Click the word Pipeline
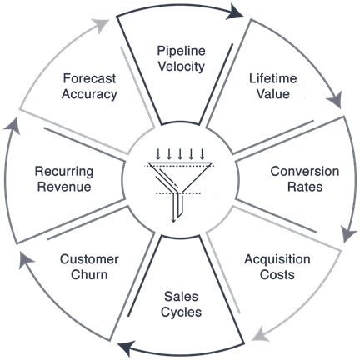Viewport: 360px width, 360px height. point(181,51)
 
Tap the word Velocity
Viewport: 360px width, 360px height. point(181,67)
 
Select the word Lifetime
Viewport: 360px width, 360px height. point(272,78)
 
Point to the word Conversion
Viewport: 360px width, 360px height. point(305,171)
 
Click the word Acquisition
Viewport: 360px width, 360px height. point(277,259)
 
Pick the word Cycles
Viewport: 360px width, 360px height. point(181,312)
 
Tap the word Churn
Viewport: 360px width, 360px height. point(89,274)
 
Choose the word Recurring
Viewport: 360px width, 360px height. point(64,172)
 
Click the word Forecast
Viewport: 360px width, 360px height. point(89,78)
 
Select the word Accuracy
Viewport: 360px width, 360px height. point(89,94)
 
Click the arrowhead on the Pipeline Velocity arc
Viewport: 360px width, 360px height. point(235,13)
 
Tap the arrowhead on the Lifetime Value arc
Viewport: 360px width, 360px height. point(334,100)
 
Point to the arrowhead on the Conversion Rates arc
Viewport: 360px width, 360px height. point(347,234)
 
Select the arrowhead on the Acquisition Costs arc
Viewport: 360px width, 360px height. point(260,334)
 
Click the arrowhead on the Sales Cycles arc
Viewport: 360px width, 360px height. point(126,347)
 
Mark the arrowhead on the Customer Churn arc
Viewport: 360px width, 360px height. point(25,260)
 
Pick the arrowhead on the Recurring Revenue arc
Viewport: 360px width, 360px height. point(12,126)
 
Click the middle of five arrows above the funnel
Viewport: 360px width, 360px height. point(180,154)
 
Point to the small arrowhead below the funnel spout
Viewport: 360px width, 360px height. point(173,221)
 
